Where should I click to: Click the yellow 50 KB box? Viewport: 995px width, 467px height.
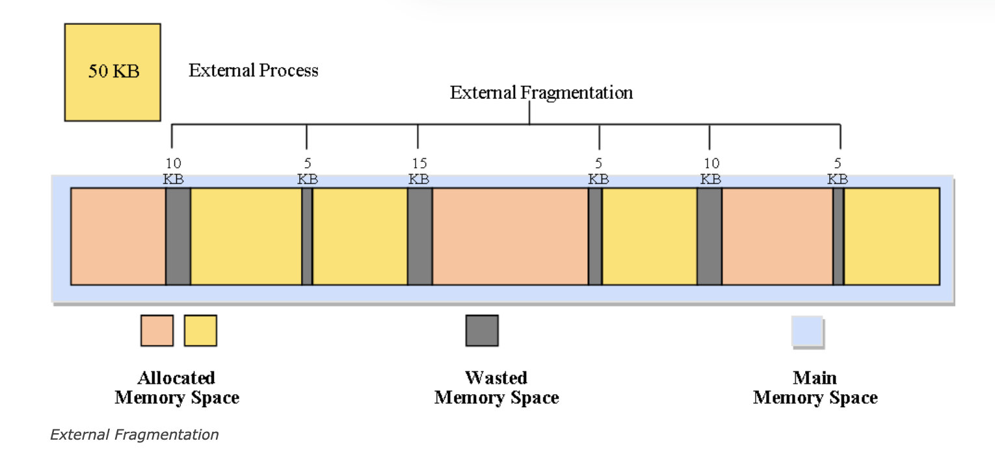[x=113, y=72]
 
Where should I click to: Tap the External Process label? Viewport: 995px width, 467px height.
[x=253, y=71]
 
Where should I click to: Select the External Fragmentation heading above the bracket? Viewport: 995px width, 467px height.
[x=541, y=93]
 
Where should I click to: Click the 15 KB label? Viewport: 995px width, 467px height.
[x=419, y=171]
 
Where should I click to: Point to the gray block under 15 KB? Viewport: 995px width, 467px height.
[x=419, y=236]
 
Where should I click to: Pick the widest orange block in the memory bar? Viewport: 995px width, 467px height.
[x=510, y=236]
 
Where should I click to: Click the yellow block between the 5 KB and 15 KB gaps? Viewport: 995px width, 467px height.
[x=360, y=236]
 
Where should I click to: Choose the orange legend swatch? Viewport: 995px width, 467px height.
[x=157, y=330]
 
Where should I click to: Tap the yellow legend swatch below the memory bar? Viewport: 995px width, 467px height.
[x=200, y=330]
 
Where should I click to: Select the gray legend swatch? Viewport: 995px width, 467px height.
[x=482, y=330]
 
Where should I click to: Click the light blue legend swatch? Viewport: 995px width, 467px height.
[x=807, y=331]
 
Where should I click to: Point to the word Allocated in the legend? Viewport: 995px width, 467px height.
[x=176, y=378]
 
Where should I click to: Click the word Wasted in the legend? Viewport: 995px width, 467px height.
[x=496, y=378]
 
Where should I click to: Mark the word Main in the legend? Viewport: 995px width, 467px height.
[x=815, y=378]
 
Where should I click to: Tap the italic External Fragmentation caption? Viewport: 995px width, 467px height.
[x=135, y=434]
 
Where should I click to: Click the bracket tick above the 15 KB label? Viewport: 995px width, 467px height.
[x=418, y=137]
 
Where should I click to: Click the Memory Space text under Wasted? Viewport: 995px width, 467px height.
[x=496, y=397]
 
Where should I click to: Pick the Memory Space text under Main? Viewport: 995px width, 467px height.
[x=815, y=397]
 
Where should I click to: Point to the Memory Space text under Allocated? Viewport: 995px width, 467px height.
[x=176, y=397]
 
